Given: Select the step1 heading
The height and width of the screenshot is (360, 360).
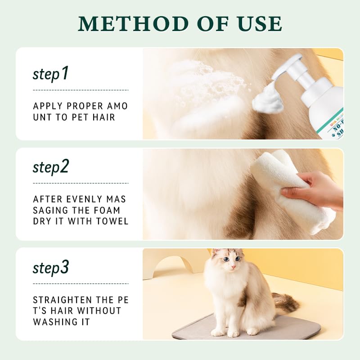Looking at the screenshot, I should tap(50, 73).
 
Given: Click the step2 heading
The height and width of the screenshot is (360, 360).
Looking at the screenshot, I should tap(50, 167).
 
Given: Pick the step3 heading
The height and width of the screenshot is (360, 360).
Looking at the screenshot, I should tap(50, 268).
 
